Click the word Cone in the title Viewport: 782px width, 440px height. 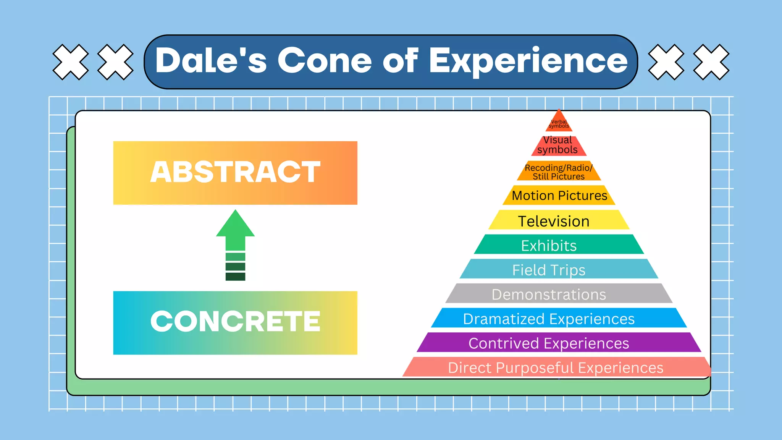pyautogui.click(x=324, y=61)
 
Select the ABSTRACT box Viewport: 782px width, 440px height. pyautogui.click(x=235, y=173)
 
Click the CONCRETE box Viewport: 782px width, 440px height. pyautogui.click(x=235, y=323)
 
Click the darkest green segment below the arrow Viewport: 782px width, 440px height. pyautogui.click(x=235, y=277)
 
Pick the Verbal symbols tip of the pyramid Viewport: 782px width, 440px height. pyautogui.click(x=559, y=123)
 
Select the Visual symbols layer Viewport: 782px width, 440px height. pyautogui.click(x=558, y=146)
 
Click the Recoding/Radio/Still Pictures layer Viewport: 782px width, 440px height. pyautogui.click(x=559, y=171)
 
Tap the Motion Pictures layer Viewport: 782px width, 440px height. pyautogui.click(x=559, y=196)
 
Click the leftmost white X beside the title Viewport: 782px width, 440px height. pyautogui.click(x=70, y=62)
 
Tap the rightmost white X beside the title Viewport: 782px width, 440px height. pyautogui.click(x=711, y=62)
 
